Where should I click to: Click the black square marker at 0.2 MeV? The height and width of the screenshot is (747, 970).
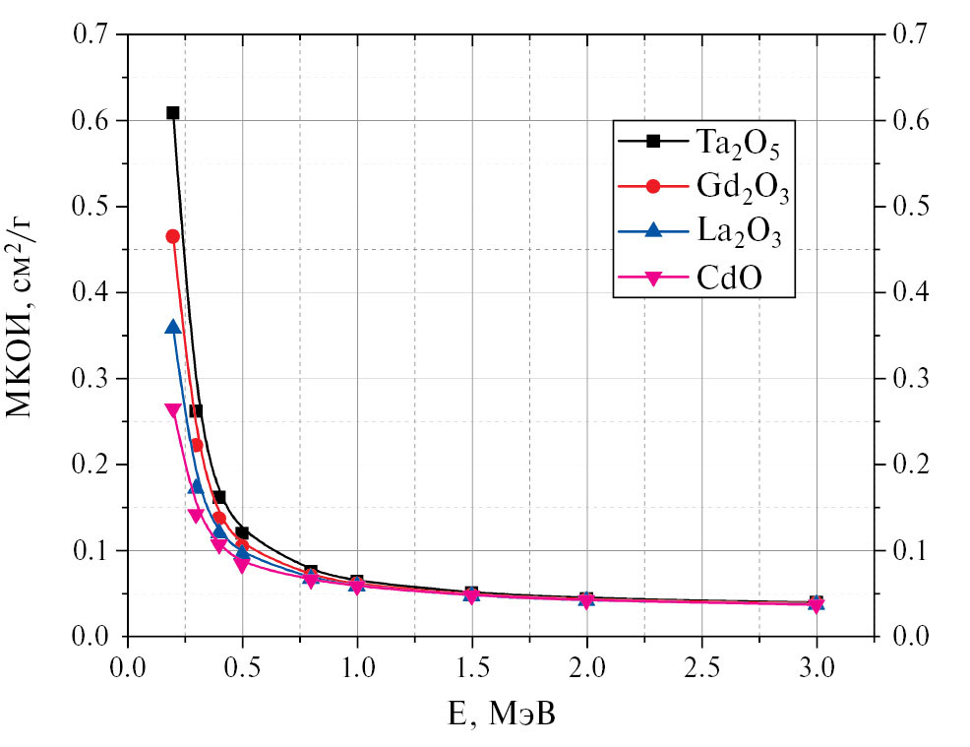coord(173,113)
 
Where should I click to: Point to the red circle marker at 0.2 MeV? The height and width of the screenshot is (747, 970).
coord(173,236)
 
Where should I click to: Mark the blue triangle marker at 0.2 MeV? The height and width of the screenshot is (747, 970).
coord(173,327)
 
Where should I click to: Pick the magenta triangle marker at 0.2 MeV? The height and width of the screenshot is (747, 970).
coord(173,410)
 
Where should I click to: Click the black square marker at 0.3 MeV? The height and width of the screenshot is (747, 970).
coord(196,410)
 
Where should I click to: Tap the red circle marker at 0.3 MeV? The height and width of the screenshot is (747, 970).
coord(196,445)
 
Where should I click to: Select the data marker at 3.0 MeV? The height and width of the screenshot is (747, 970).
coord(817,602)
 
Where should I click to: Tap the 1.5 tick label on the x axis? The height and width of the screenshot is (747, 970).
coord(472,667)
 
